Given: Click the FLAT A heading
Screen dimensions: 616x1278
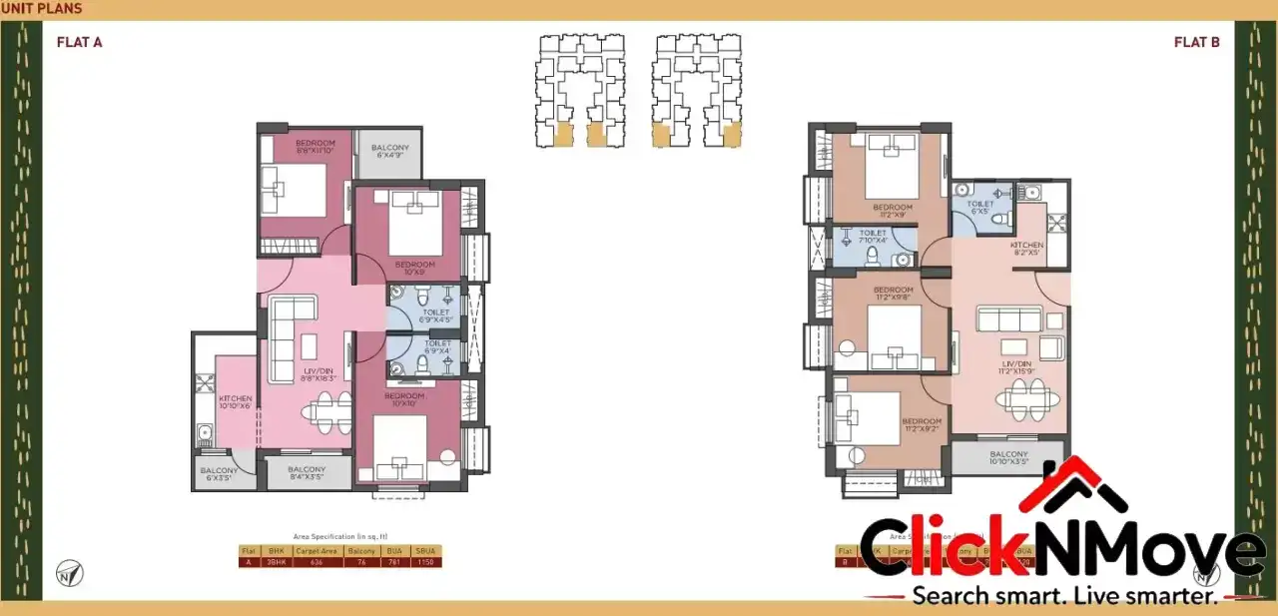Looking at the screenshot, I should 80,42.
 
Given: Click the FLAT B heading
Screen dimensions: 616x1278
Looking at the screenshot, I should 1196,42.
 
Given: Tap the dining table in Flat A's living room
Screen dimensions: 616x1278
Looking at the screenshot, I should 327,410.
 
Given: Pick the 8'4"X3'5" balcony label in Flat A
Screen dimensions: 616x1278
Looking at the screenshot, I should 307,473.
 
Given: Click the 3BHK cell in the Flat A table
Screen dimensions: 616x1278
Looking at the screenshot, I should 277,562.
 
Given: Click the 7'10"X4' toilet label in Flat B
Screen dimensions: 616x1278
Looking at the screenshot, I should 873,236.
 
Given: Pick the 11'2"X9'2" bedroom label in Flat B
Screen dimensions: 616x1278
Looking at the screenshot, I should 921,425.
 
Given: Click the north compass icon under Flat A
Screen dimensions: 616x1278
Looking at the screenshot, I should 70,573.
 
